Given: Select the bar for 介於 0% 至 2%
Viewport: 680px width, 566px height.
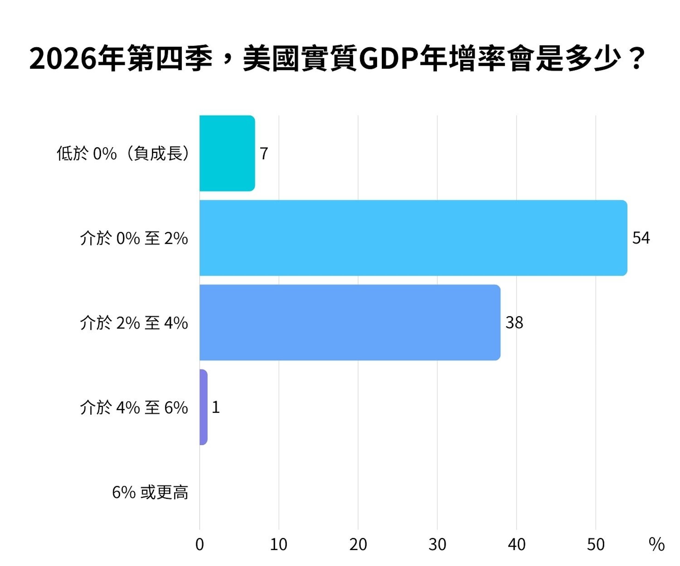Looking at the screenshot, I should (413, 238).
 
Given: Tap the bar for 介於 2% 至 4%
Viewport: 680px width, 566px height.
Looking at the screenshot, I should (350, 323).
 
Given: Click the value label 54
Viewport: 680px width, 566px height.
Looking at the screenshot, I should (641, 238).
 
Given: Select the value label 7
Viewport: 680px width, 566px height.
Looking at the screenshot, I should (264, 153).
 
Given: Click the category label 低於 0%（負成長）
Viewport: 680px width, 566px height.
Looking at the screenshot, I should (123, 153).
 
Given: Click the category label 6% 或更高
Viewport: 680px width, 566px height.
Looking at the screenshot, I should (150, 493).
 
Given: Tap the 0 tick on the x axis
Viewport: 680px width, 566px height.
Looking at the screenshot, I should (200, 545).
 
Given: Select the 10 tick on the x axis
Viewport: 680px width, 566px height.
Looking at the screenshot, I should (279, 545).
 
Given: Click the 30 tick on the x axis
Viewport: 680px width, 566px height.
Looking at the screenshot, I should (437, 545).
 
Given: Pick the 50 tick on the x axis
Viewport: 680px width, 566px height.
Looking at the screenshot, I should (596, 545).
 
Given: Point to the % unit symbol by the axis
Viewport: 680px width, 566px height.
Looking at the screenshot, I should (657, 545).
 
